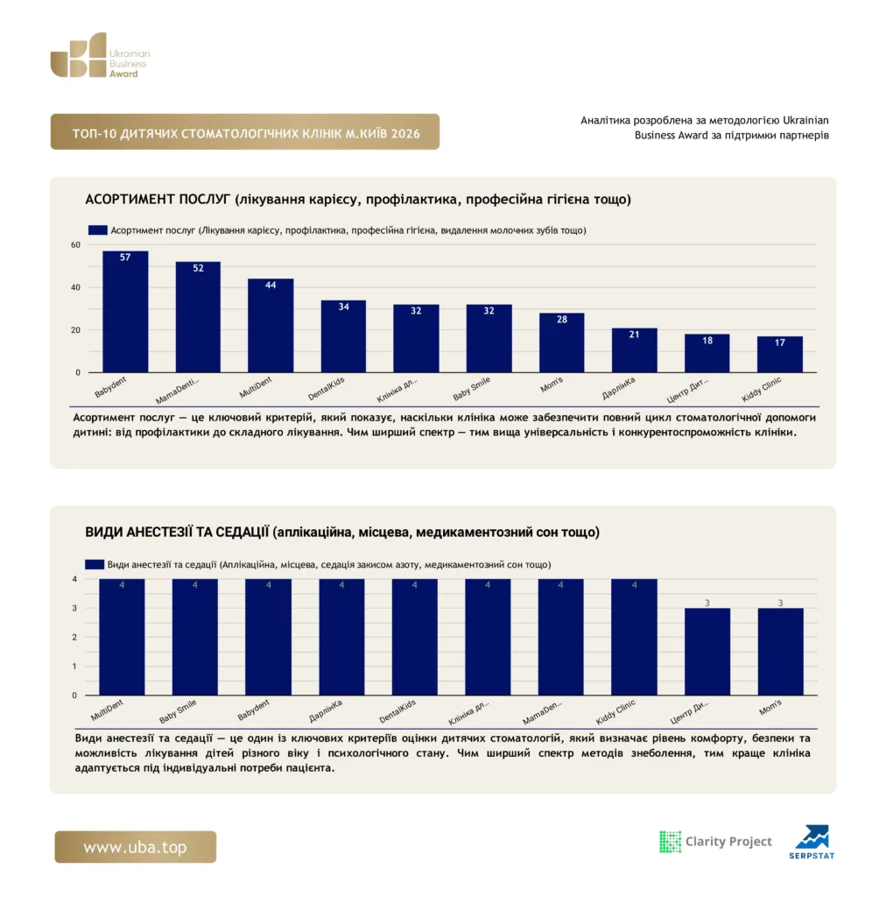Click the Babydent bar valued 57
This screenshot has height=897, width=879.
pos(125,312)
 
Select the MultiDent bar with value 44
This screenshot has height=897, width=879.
pos(271,326)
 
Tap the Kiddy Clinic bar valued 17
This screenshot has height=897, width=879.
pos(780,354)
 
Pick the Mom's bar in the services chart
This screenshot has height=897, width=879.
pos(561,343)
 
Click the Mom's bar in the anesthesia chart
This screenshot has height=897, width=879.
pos(781,652)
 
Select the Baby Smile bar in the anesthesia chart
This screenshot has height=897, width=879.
pos(195,637)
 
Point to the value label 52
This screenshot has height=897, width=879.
pos(198,268)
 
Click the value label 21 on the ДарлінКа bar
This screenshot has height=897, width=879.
pos(634,335)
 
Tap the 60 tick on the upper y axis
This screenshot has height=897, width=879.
pos(75,245)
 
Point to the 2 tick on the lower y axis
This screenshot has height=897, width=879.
pos(74,638)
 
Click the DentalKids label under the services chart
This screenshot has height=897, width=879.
pos(326,389)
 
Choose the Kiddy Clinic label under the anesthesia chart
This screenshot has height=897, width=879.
pos(615,711)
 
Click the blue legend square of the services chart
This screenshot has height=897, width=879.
pos(98,230)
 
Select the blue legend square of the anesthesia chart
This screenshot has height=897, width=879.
pos(95,565)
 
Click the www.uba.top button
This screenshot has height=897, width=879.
pos(136,847)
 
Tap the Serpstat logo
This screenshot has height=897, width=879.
pos(812,842)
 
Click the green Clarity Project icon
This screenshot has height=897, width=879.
pos(671,842)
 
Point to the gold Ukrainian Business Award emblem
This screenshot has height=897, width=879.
pos(78,55)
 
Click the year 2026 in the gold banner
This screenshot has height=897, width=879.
pos(405,134)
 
